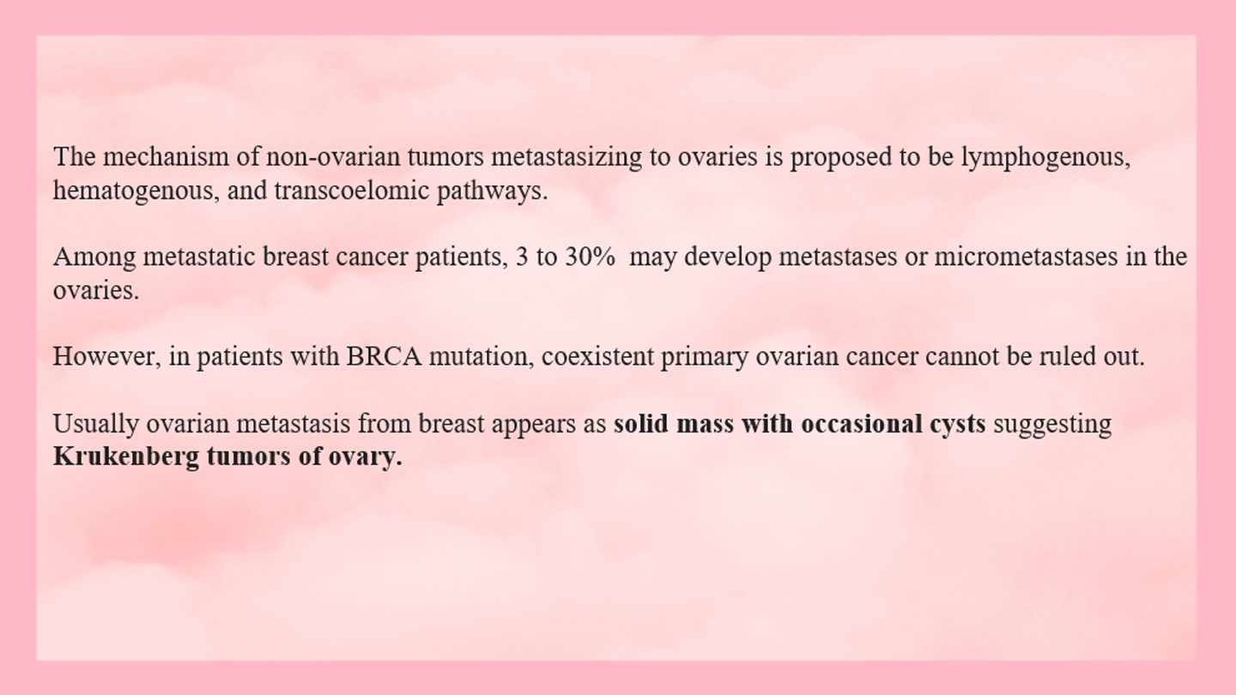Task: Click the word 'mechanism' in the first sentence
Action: pos(166,156)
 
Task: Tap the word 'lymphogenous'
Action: pos(1045,158)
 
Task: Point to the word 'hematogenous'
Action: pos(136,191)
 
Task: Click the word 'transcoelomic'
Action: pos(352,190)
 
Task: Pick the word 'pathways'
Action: pos(492,190)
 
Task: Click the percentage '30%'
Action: pos(590,257)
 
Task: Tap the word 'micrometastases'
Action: pos(1026,257)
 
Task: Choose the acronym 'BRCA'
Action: pos(384,356)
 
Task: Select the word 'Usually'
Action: pos(95,425)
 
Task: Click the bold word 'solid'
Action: pos(641,423)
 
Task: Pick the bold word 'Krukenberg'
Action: pos(126,457)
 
